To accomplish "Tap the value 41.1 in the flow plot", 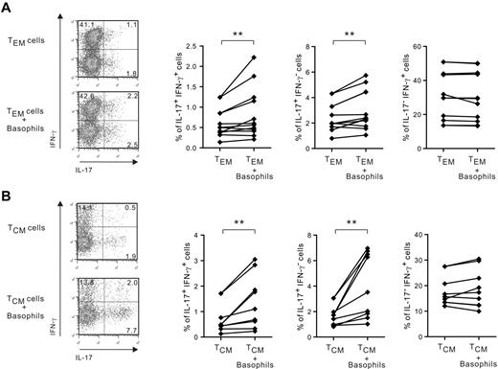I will coord(86,23).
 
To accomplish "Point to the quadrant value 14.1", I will coord(86,208).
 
